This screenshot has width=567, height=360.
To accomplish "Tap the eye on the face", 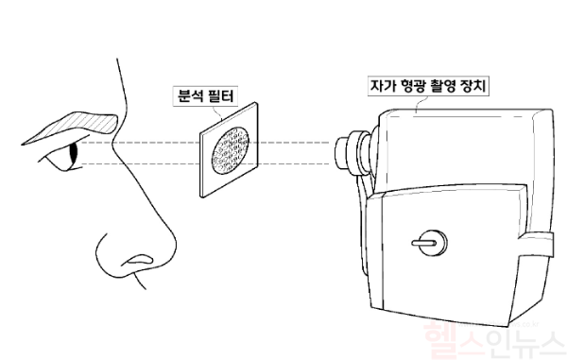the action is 69,154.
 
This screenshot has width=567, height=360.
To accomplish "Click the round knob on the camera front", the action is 426,241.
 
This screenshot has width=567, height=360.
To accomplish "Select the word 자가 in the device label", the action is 382,86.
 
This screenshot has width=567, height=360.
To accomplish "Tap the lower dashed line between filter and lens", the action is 293,164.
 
